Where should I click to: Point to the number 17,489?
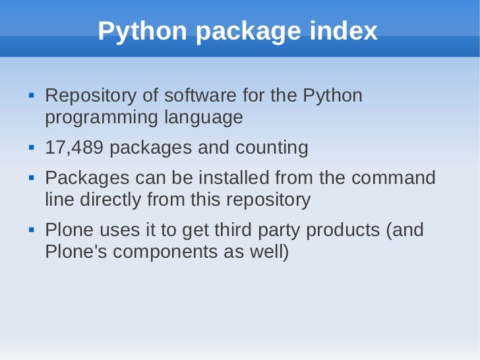74,148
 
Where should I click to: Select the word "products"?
347,231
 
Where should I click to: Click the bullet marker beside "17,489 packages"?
30,148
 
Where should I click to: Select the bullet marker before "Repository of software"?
30,96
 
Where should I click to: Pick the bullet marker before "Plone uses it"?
30,231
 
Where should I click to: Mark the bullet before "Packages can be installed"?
30,178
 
